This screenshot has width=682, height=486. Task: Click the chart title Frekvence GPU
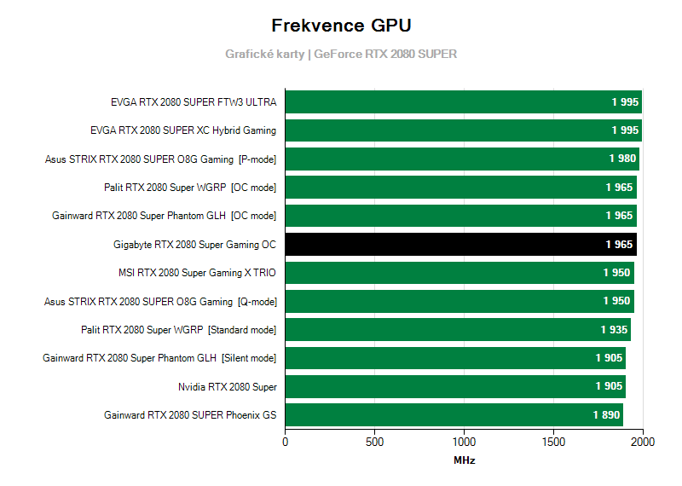(x=340, y=25)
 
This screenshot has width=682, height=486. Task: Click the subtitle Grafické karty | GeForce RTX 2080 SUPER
(x=341, y=54)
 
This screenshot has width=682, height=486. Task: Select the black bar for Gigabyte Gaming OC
(x=460, y=245)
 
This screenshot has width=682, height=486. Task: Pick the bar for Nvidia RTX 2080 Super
(x=455, y=387)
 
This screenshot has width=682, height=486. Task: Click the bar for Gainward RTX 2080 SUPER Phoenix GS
(x=454, y=415)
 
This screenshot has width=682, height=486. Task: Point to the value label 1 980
(x=622, y=159)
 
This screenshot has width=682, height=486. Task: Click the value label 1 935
(x=614, y=330)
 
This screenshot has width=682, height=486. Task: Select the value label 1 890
(x=606, y=415)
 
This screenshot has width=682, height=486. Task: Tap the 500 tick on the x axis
(x=375, y=442)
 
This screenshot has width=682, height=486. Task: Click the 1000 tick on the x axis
(x=465, y=442)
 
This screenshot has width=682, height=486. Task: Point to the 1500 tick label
(x=554, y=442)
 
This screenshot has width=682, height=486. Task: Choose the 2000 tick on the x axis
(x=643, y=442)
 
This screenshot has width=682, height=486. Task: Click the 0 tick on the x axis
(x=286, y=442)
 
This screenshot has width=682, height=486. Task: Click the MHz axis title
(x=465, y=460)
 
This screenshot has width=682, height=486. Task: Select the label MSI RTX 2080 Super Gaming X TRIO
(x=197, y=273)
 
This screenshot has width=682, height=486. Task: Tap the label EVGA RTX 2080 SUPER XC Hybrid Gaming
(x=183, y=130)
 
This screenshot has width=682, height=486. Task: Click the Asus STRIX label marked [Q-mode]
(x=160, y=301)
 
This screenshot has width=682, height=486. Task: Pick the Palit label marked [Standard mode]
(x=178, y=330)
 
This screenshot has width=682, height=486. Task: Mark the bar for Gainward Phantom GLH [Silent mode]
(x=455, y=358)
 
